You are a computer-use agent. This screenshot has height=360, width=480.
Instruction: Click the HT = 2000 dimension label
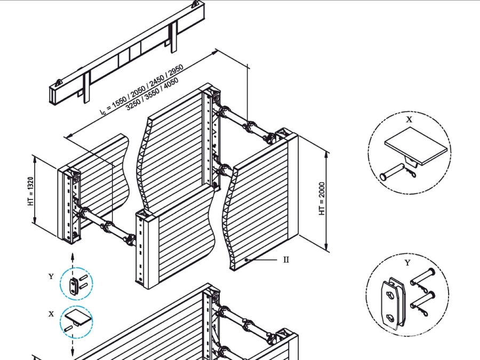point(322,198)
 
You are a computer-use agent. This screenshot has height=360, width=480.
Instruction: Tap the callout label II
point(286,260)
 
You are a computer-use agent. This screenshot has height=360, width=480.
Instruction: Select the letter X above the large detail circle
point(409,120)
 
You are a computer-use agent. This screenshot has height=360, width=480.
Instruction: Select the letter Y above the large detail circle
point(407,262)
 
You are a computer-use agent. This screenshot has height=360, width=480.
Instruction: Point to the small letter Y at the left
point(51,276)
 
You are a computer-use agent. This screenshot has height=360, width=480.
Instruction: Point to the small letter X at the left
point(51,314)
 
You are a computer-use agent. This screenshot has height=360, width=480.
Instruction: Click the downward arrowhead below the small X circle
point(73,352)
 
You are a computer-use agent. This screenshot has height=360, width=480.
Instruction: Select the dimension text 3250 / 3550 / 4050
point(152,94)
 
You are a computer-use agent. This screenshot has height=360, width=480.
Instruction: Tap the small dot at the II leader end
point(247,259)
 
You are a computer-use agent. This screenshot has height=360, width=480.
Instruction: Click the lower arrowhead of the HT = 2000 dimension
point(326,247)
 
